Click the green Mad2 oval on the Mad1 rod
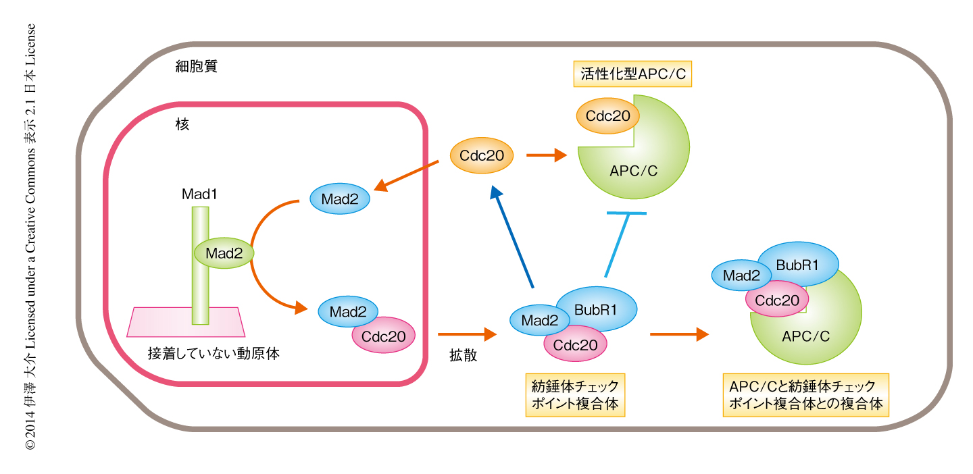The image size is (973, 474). (224, 253)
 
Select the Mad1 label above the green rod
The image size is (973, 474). (199, 194)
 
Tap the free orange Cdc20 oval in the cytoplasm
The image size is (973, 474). (482, 156)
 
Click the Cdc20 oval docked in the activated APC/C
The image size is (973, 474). (607, 116)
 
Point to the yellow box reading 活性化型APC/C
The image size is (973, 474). (633, 74)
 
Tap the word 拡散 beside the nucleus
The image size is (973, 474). (464, 355)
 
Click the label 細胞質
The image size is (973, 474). (196, 66)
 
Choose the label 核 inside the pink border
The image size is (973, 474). (181, 124)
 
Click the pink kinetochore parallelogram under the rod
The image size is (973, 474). (186, 322)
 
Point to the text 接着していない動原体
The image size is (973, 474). (214, 353)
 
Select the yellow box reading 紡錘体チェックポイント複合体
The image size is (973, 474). (574, 396)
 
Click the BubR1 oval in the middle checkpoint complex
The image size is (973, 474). (595, 309)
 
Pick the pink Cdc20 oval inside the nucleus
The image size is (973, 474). (384, 336)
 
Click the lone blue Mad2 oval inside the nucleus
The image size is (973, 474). (340, 199)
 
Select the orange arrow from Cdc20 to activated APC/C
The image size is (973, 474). (546, 156)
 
